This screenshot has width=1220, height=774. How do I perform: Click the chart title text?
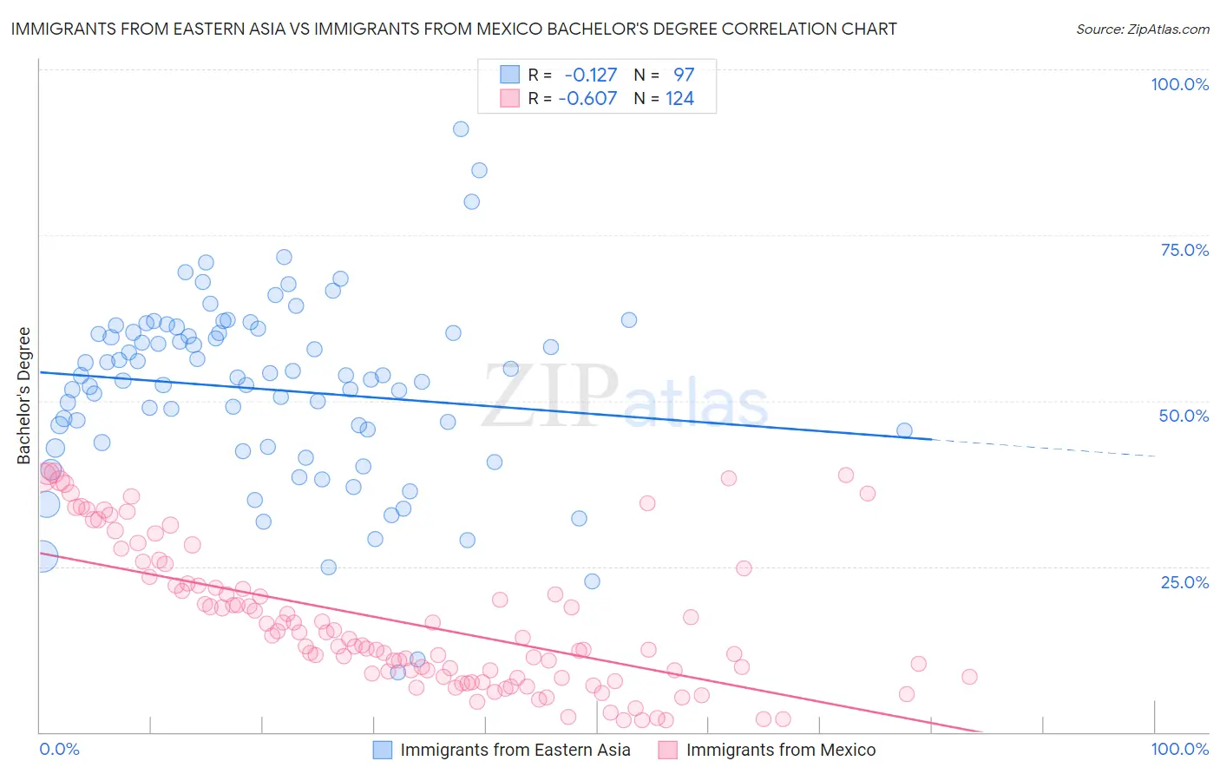tap(453, 29)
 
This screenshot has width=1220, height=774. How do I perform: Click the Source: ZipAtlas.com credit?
tap(1143, 29)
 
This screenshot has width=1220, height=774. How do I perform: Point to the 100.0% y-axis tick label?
tap(1179, 84)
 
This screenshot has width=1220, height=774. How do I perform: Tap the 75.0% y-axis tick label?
tap(1184, 250)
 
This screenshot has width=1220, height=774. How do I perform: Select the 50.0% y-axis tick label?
tap(1184, 416)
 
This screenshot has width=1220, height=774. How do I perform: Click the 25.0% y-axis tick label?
tap(1184, 582)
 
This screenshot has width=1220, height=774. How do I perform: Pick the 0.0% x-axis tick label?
tap(59, 749)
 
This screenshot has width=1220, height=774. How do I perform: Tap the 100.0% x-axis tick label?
tap(1179, 749)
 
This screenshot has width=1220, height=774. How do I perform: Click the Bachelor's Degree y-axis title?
tap(24, 396)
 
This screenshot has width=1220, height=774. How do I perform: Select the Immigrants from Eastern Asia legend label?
tap(515, 750)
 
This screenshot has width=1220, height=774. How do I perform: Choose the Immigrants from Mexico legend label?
tap(781, 750)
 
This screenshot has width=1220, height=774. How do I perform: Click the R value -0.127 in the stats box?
tap(591, 75)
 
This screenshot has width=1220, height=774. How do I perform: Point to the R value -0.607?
tap(587, 98)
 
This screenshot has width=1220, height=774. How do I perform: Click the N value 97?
tap(684, 75)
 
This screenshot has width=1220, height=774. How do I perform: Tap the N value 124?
tap(679, 98)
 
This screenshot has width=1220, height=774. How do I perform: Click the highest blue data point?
tap(461, 129)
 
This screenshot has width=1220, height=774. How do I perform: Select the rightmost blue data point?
tap(904, 430)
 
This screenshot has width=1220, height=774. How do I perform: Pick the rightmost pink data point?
tap(969, 677)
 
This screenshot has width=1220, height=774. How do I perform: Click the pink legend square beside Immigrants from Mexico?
tap(667, 750)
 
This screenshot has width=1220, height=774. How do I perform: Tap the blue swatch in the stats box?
tap(509, 75)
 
